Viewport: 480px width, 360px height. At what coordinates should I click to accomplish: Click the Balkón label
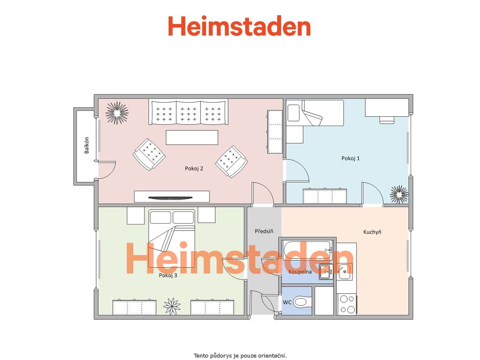pyautogui.click(x=87, y=145)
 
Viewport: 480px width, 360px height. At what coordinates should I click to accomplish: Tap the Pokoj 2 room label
pyautogui.click(x=194, y=168)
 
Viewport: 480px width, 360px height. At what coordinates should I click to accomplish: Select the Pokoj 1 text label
pyautogui.click(x=351, y=158)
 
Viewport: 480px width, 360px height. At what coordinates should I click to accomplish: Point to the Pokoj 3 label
pyautogui.click(x=168, y=275)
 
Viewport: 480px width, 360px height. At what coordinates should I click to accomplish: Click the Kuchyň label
pyautogui.click(x=372, y=232)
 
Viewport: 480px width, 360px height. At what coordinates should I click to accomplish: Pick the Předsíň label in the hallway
pyautogui.click(x=264, y=231)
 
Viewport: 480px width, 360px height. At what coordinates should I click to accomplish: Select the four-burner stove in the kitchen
pyautogui.click(x=347, y=304)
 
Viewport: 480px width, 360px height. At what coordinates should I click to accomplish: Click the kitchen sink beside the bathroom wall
pyautogui.click(x=345, y=271)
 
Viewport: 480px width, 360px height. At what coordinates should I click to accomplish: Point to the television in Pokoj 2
pyautogui.click(x=171, y=198)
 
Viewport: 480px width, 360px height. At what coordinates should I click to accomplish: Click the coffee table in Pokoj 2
pyautogui.click(x=192, y=137)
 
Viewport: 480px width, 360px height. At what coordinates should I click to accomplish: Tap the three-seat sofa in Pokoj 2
pyautogui.click(x=188, y=112)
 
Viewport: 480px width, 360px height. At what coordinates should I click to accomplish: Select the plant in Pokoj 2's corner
pyautogui.click(x=117, y=113)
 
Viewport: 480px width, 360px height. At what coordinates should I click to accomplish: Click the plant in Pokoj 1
pyautogui.click(x=399, y=195)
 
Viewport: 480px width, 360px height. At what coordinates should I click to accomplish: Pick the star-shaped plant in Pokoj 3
pyautogui.click(x=172, y=306)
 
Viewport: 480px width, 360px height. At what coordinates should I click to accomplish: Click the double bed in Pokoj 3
pyautogui.click(x=172, y=238)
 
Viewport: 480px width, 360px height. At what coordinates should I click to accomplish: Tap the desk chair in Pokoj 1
pyautogui.click(x=387, y=120)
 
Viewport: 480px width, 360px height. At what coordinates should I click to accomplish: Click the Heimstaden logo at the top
pyautogui.click(x=240, y=26)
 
